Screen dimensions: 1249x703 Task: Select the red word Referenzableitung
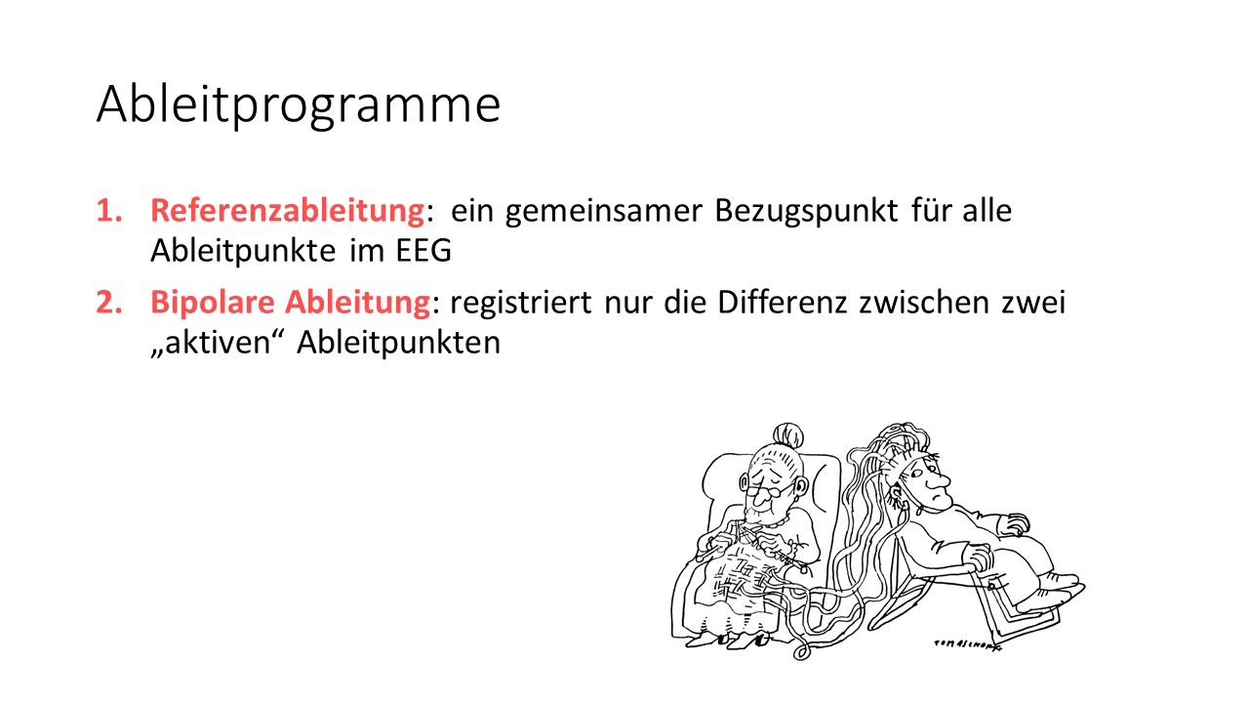288,211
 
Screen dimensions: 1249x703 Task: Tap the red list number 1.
109,212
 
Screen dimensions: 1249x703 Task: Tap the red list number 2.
109,303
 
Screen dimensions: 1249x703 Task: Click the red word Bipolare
213,304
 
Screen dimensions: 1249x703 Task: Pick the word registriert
521,304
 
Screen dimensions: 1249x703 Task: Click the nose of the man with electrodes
941,479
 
